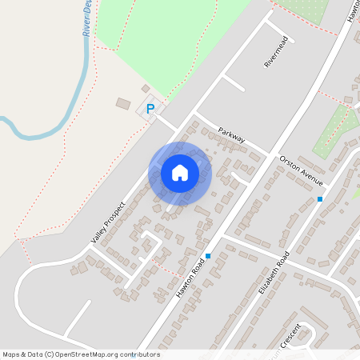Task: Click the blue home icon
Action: pos(180,173)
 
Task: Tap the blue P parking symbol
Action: pos(150,108)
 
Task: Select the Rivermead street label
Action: pos(274,54)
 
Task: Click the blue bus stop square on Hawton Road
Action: pos(208,256)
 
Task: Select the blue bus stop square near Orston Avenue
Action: pos(320,198)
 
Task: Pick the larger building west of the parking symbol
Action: pos(122,104)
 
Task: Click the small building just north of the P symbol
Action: pos(145,88)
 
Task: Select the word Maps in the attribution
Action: pos(11,354)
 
